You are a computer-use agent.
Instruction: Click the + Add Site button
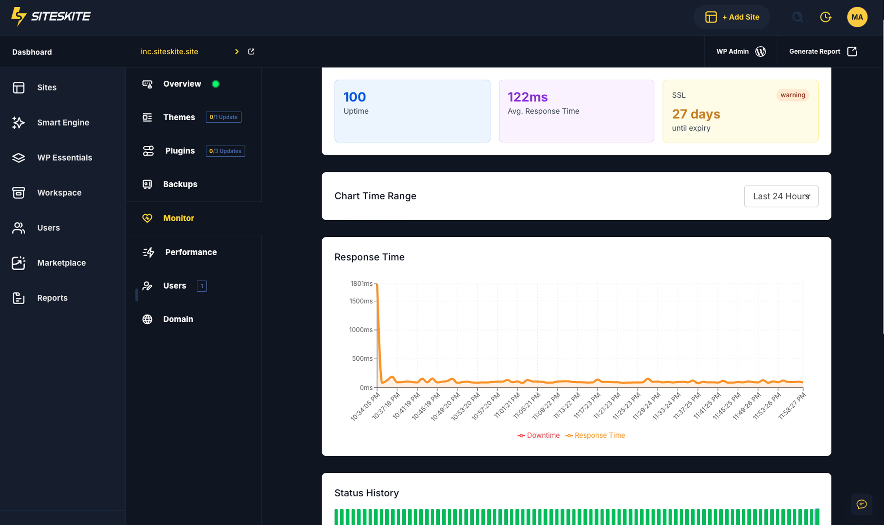pos(732,17)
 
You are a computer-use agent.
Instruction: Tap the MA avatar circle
pos(857,17)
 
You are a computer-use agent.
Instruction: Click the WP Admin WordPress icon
pos(760,52)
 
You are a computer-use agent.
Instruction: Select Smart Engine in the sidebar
pos(63,122)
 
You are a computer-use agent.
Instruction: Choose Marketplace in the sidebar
pos(61,263)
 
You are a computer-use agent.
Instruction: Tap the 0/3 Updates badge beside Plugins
pos(225,151)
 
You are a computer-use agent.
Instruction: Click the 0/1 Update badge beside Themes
pos(223,117)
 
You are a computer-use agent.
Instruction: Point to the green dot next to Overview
pos(216,84)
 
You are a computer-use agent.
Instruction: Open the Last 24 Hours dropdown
pos(781,196)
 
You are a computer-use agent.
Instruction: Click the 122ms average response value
pos(527,97)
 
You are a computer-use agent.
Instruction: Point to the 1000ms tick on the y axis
pos(361,330)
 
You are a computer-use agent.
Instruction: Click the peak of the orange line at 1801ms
pos(377,284)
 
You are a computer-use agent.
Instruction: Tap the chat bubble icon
pos(861,504)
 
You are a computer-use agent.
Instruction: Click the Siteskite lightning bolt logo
pos(19,16)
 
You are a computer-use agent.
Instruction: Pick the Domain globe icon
pos(147,319)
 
